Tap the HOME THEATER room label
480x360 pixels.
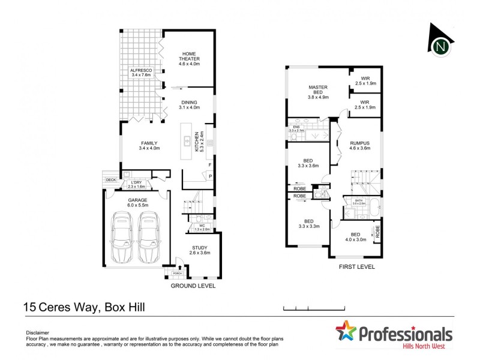190,58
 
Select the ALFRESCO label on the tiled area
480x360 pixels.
142,73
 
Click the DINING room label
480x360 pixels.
189,104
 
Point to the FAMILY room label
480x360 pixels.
149,145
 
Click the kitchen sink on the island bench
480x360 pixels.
187,142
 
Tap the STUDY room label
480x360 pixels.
200,250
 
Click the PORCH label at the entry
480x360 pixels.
177,274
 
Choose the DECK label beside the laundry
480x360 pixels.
111,179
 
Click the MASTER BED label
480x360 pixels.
318,93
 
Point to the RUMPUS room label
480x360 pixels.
360,145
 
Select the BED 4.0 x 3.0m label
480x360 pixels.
355,236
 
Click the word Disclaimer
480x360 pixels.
38,332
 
